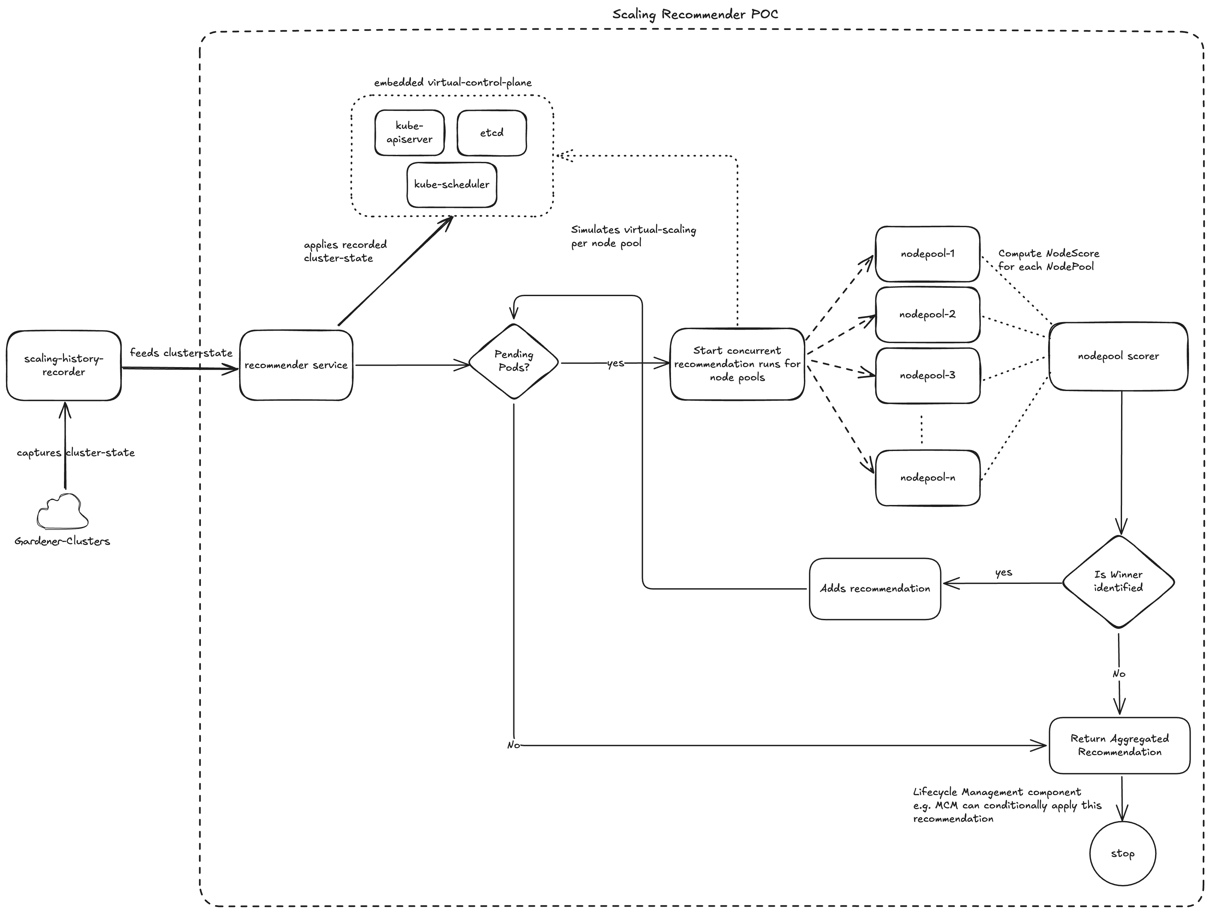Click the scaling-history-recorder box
63,365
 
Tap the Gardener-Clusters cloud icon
62,512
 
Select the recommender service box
296,365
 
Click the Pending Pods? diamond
514,361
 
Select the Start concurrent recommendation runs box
737,364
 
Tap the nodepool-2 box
927,314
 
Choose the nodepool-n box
927,478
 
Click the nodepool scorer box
1118,356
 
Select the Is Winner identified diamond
1118,581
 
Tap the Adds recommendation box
874,589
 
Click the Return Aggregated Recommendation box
1119,745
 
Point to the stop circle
1122,853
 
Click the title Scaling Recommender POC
695,14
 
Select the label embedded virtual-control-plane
452,83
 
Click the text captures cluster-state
76,452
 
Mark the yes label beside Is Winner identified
1003,572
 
